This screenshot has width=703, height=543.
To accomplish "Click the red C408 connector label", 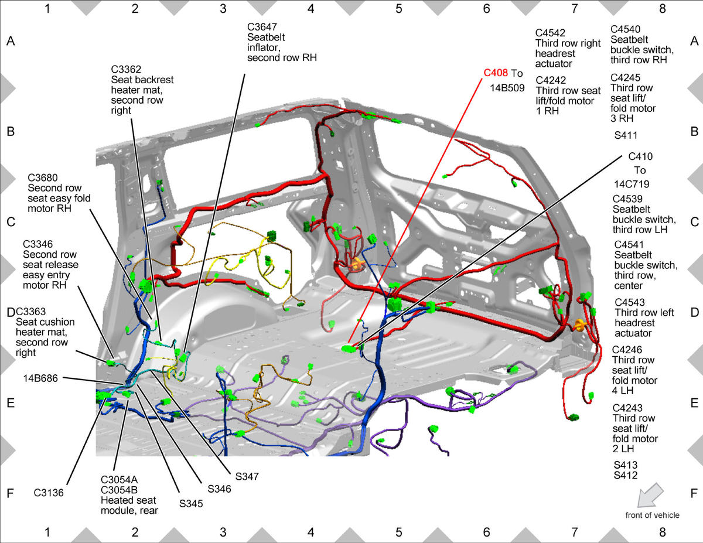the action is point(496,73).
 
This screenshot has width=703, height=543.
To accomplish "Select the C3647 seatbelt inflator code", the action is point(262,27).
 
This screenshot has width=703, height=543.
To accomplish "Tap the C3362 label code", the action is point(126,69).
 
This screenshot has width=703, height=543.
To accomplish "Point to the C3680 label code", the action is point(43,177).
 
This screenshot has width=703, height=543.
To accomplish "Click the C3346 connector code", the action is point(38,244).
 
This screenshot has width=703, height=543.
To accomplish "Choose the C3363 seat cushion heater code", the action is point(30,312).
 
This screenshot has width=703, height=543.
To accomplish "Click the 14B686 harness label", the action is point(40,378).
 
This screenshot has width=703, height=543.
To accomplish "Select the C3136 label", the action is point(49,493).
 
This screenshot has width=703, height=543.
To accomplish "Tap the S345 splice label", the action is point(191,504).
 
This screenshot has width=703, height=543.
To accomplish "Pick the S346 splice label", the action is point(219,489).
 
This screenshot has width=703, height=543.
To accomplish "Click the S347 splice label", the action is point(247,476).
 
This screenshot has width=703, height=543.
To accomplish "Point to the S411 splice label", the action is point(626,135).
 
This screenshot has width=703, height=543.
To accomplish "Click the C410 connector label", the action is point(640,156).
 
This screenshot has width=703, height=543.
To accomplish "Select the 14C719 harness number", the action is point(632,184).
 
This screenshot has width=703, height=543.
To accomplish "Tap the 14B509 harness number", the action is point(507,88).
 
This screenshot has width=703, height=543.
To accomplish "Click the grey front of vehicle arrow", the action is point(650,495).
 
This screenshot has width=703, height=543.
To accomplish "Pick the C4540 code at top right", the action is point(625,29).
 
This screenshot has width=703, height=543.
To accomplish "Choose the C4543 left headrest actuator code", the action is point(630,302).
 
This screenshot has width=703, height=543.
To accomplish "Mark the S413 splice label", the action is point(626,465).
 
